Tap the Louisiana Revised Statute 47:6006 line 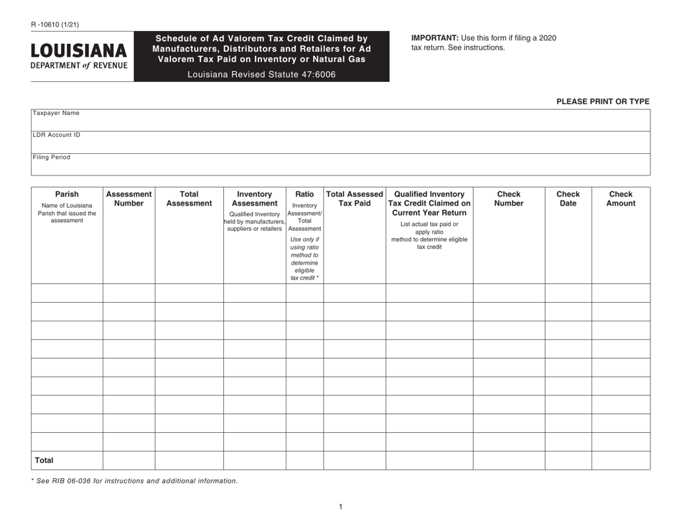pyautogui.click(x=261, y=74)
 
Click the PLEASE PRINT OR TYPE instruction pyautogui.click(x=602, y=101)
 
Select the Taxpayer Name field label pyautogui.click(x=56, y=113)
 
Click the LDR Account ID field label pyautogui.click(x=56, y=134)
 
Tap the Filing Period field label pyautogui.click(x=52, y=157)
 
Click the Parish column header pyautogui.click(x=67, y=193)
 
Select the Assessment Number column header pyautogui.click(x=129, y=198)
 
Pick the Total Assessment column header pyautogui.click(x=189, y=198)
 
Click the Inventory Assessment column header pyautogui.click(x=254, y=198)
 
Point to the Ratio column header pyautogui.click(x=304, y=193)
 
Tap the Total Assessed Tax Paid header pyautogui.click(x=355, y=198)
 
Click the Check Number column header pyautogui.click(x=508, y=198)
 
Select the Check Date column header pyautogui.click(x=568, y=198)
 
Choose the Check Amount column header pyautogui.click(x=621, y=198)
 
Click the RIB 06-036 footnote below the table pyautogui.click(x=134, y=480)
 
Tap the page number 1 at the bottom pyautogui.click(x=340, y=507)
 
